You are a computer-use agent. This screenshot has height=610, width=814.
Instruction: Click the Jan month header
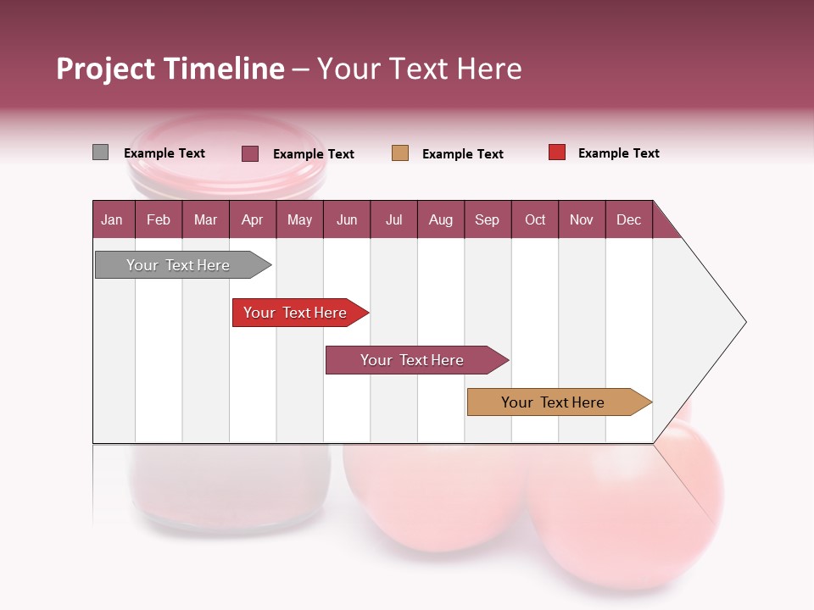(112, 219)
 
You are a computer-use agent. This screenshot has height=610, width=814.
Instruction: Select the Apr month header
(252, 219)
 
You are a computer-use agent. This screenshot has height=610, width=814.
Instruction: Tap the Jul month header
(393, 219)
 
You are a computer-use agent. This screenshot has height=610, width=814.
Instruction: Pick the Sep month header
(487, 219)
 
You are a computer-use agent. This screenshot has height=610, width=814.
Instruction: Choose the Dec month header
(628, 219)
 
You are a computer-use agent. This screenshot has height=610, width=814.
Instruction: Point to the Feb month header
(159, 219)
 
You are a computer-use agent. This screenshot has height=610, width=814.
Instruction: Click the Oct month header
(534, 219)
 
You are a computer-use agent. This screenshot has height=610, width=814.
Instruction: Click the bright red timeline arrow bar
(297, 313)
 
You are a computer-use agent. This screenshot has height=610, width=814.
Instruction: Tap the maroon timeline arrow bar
(414, 360)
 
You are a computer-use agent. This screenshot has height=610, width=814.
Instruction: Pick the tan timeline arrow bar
(555, 402)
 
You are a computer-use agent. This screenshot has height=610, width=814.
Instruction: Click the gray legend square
(100, 152)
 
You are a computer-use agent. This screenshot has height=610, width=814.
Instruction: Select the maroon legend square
(250, 153)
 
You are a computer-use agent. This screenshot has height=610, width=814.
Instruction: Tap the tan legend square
(400, 153)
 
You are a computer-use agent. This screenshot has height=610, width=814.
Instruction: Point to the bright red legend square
(557, 152)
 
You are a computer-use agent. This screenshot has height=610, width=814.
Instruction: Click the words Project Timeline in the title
(170, 69)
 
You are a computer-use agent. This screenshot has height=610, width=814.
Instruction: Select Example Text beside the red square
(618, 153)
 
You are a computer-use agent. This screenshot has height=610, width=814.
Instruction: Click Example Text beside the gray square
(164, 153)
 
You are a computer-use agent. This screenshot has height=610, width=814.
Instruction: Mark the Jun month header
(346, 219)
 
